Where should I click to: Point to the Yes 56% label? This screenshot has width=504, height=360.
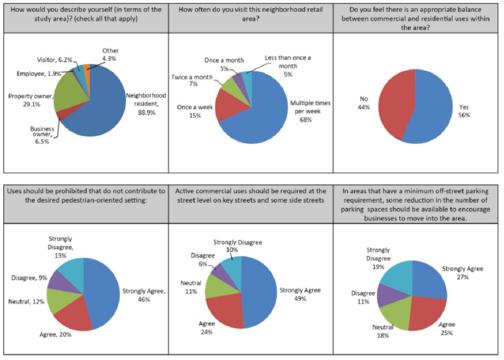pos(464,111)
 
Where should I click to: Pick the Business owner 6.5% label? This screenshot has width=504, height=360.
pos(42,135)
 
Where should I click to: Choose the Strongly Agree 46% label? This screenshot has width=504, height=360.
pos(143,295)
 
